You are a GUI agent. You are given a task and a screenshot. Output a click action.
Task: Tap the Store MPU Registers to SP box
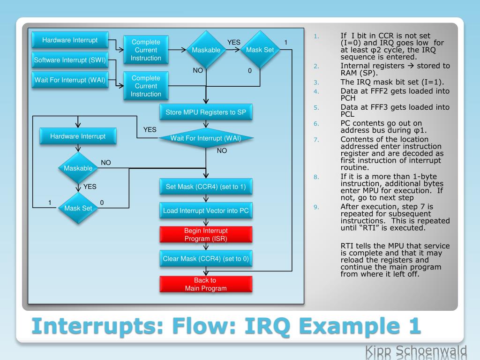[206, 112]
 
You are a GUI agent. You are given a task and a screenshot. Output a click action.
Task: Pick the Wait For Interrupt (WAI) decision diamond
[206, 138]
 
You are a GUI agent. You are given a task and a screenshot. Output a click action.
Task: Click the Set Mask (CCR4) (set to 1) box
[206, 187]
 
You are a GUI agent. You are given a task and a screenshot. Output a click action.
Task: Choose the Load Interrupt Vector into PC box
[206, 210]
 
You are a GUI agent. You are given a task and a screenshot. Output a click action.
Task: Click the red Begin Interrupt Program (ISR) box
[206, 235]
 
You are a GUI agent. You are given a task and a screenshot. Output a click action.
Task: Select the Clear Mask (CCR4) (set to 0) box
[206, 258]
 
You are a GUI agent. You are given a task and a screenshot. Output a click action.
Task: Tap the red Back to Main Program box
[206, 284]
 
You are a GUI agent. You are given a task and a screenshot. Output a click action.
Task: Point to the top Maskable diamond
[206, 50]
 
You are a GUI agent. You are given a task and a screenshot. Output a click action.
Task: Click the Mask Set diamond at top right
[260, 50]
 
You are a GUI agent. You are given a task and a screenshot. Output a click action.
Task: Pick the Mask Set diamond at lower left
[78, 208]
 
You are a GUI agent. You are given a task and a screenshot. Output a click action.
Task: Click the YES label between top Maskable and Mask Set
[233, 43]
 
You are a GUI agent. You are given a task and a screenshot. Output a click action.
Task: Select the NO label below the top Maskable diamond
[198, 71]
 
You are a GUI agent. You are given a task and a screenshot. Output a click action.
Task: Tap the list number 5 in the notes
[316, 107]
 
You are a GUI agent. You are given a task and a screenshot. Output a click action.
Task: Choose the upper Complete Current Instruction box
[146, 50]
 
